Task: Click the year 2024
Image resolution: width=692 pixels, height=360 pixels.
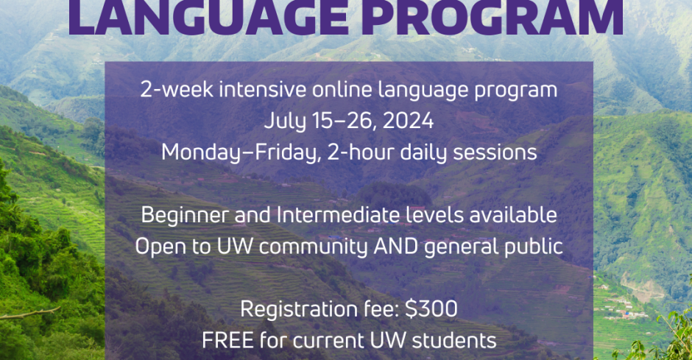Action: pos(409,121)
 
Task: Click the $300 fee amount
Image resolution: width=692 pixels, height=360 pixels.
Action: pos(431,308)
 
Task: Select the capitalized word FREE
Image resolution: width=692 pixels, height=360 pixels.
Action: pos(227,341)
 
